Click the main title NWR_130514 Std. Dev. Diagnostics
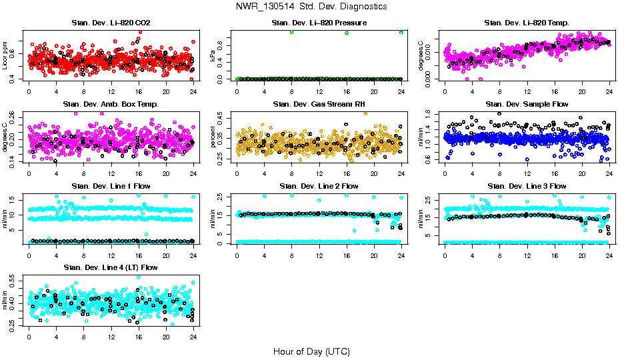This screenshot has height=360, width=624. coord(311,7)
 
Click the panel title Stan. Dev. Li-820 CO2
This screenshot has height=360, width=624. coord(111,23)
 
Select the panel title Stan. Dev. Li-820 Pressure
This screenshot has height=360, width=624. coord(319,23)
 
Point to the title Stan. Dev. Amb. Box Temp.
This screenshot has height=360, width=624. coord(111,104)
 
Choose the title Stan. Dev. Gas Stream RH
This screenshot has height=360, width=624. coord(319,104)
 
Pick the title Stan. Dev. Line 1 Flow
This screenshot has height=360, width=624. coord(111,185)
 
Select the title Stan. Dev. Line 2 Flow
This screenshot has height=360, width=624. coord(319,185)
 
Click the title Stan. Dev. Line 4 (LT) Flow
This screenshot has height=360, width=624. coord(111,267)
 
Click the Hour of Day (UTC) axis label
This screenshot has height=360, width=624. coord(311,351)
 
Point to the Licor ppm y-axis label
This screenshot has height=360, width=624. coord(5,55)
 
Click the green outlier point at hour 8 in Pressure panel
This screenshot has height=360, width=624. coord(292,32)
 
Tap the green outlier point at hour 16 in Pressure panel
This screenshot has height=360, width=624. coord(347,33)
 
